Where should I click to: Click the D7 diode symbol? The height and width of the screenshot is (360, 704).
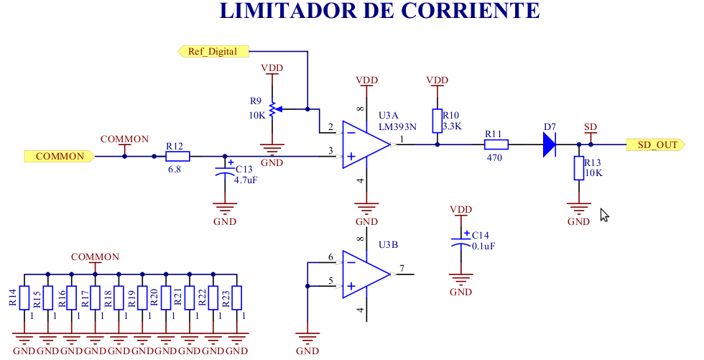550,144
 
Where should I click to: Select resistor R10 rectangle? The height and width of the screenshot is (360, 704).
437,121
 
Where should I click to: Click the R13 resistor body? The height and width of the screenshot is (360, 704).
578,168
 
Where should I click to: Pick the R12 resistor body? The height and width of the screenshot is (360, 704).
177,156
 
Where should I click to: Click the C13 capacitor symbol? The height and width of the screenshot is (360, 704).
226,173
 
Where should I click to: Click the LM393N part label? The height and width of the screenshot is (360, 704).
398,127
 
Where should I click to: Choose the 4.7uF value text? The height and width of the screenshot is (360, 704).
246,180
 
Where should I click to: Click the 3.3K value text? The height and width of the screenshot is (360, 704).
452,126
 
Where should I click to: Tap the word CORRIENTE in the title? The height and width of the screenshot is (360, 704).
470,11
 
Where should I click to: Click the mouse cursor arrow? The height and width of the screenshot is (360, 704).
604,214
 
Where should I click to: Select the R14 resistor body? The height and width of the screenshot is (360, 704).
24,297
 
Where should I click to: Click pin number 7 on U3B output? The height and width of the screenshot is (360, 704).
402,269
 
